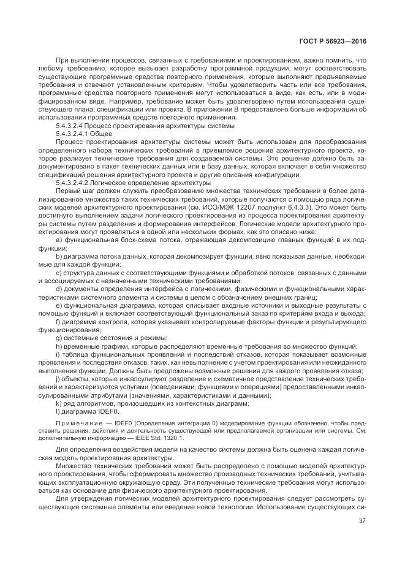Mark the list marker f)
point(58,322)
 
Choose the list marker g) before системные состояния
point(59,338)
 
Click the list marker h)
point(59,346)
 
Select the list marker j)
point(58,379)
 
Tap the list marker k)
point(59,404)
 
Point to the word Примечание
point(78,423)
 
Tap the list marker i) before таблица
point(58,355)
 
